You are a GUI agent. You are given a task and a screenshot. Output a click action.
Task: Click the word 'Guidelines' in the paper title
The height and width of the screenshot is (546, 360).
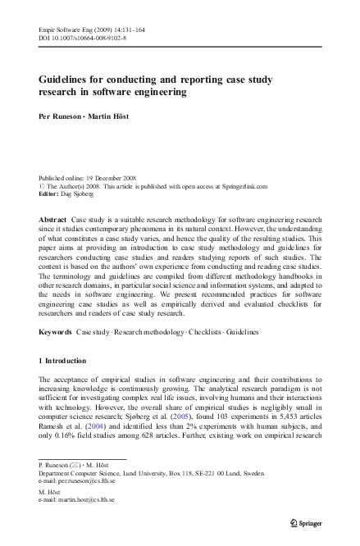click(67, 80)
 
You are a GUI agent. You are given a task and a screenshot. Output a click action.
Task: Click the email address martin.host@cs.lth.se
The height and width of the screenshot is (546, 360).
click(86, 498)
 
